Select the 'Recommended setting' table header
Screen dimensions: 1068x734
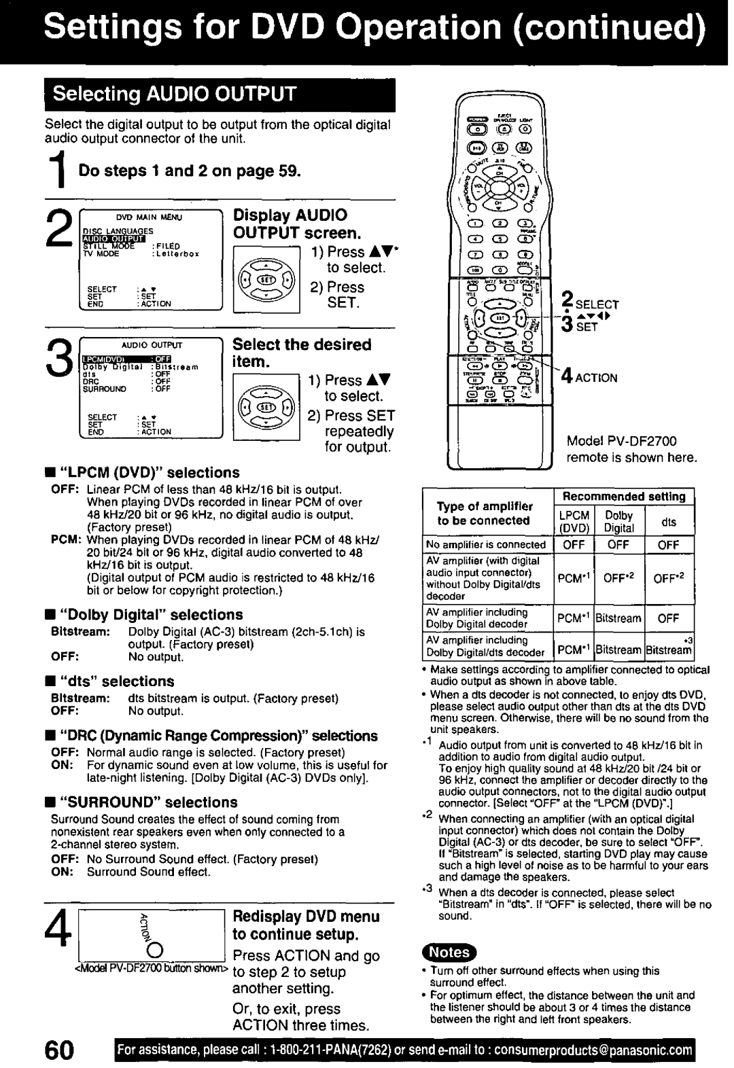point(624,496)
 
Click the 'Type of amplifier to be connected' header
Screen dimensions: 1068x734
point(484,514)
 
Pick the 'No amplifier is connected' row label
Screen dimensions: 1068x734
point(486,544)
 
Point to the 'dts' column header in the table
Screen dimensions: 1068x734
point(669,522)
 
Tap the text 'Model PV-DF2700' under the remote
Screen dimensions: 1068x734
point(622,441)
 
